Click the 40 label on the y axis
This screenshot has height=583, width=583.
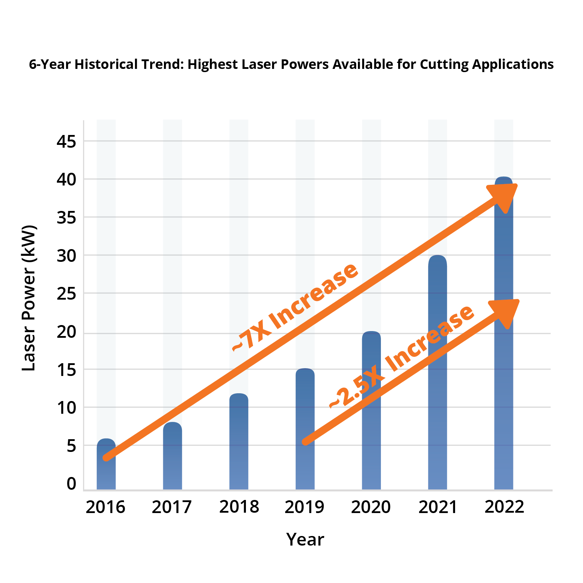click(66, 180)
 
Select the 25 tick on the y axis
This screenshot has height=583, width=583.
click(66, 294)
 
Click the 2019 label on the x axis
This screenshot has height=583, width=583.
click(304, 507)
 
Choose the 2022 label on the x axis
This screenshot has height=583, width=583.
click(504, 507)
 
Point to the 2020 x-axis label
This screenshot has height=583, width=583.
click(371, 507)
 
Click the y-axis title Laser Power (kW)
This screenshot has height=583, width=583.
click(29, 298)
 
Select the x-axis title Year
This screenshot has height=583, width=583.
click(305, 540)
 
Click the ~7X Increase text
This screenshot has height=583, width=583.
click(295, 307)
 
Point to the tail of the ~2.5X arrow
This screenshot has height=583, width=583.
click(306, 442)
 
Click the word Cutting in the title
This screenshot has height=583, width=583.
click(444, 65)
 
